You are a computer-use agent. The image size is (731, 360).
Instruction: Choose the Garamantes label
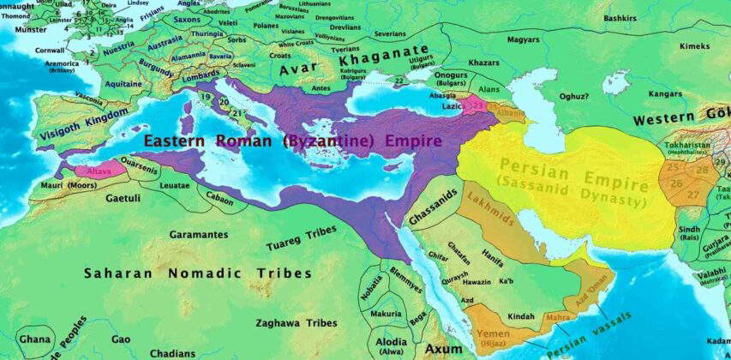click(199, 234)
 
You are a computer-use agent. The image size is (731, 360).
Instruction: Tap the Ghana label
click(35, 339)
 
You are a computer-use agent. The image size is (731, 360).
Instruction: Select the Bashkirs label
click(620, 17)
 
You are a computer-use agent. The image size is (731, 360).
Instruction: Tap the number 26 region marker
click(676, 182)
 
